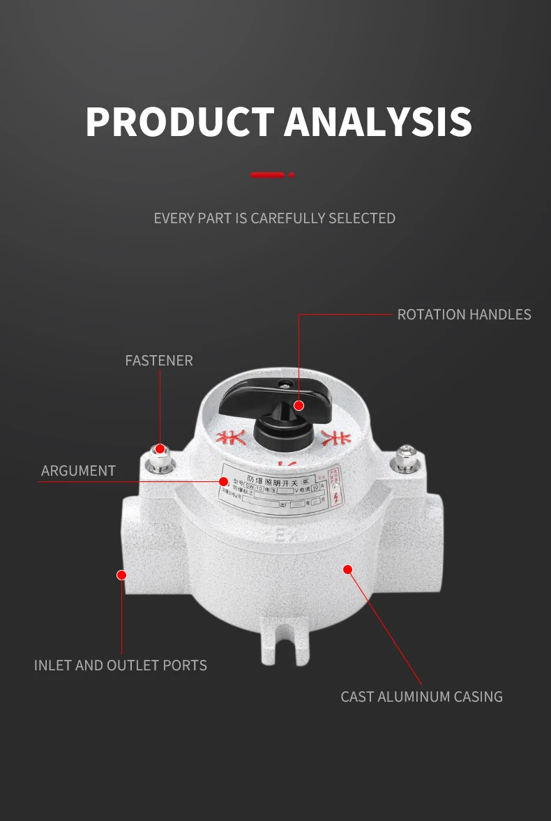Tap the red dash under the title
[268, 174]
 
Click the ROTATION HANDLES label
[464, 315]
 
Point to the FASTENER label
[159, 361]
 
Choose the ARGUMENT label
[78, 471]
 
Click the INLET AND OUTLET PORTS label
[121, 665]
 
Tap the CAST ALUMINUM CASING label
[421, 697]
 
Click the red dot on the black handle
[299, 405]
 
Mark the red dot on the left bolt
[160, 449]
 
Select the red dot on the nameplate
[223, 481]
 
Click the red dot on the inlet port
[121, 575]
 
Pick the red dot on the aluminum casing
[348, 570]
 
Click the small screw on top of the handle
[284, 383]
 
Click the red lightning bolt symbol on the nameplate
[338, 497]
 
